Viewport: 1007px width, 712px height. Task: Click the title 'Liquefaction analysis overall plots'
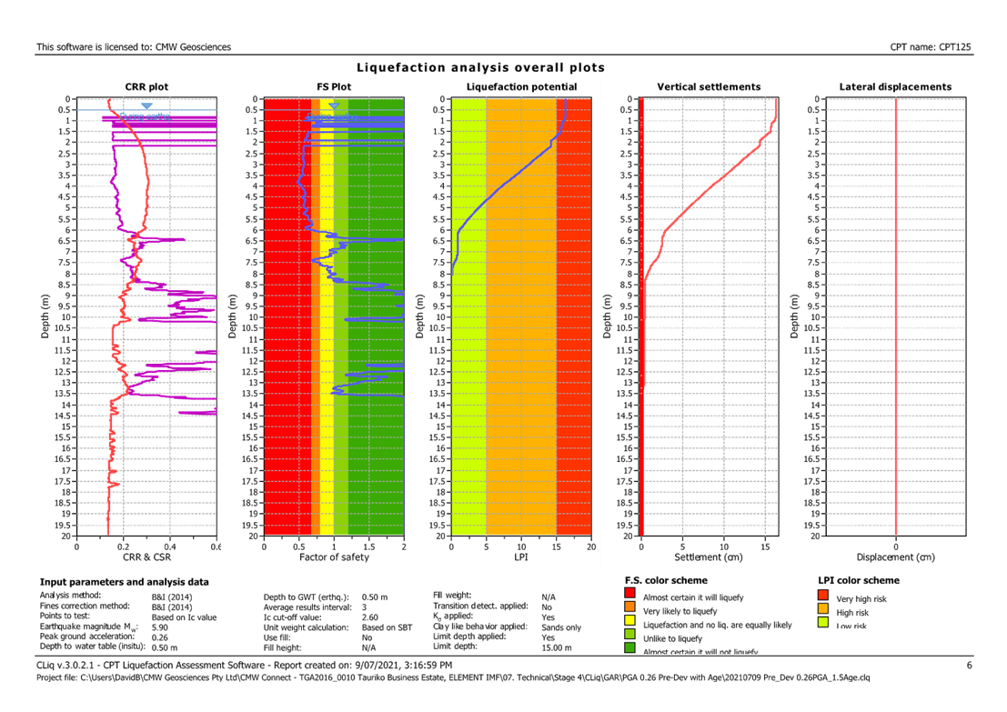tap(480, 68)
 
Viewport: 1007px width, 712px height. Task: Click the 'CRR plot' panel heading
tap(146, 87)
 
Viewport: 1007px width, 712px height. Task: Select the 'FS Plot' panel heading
tap(334, 87)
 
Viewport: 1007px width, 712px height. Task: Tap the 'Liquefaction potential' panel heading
tap(521, 87)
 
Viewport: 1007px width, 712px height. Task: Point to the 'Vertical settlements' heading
tap(709, 87)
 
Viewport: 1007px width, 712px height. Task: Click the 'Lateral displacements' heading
tap(895, 87)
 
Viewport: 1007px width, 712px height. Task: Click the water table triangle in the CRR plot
tap(146, 106)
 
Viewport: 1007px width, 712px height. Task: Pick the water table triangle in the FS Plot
tap(334, 106)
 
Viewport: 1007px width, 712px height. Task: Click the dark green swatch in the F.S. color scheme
tap(629, 649)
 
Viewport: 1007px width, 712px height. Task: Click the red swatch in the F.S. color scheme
tap(629, 595)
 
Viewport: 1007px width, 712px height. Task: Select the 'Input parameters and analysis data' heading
tap(124, 580)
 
